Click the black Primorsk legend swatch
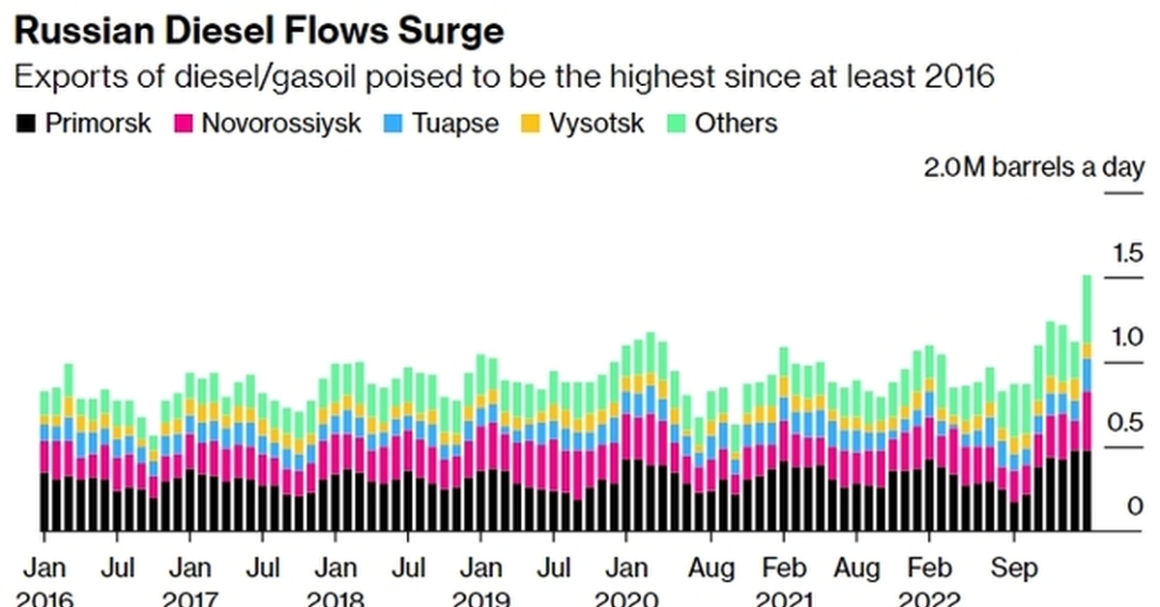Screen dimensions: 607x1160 tap(26, 124)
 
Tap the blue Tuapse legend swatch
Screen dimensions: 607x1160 tap(394, 124)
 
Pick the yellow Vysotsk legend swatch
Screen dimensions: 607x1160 tap(532, 124)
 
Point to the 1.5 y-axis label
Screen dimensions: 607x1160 tap(1127, 254)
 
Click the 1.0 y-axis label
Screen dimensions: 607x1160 tap(1127, 337)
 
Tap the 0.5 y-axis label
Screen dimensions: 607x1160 tap(1127, 423)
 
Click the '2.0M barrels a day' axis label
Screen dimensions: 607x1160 tap(1034, 168)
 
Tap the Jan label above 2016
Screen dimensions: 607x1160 tap(43, 566)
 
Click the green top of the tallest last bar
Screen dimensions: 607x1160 tap(1087, 309)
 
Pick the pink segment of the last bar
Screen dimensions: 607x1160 tap(1087, 421)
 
